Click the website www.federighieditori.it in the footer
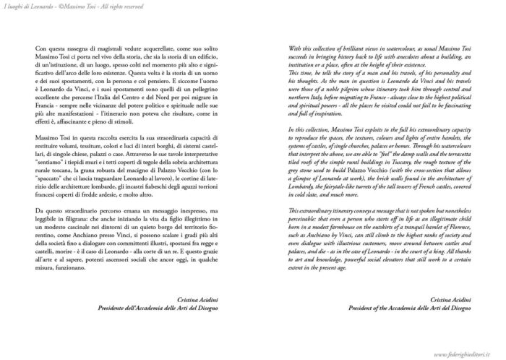463,354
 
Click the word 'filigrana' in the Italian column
80,217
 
